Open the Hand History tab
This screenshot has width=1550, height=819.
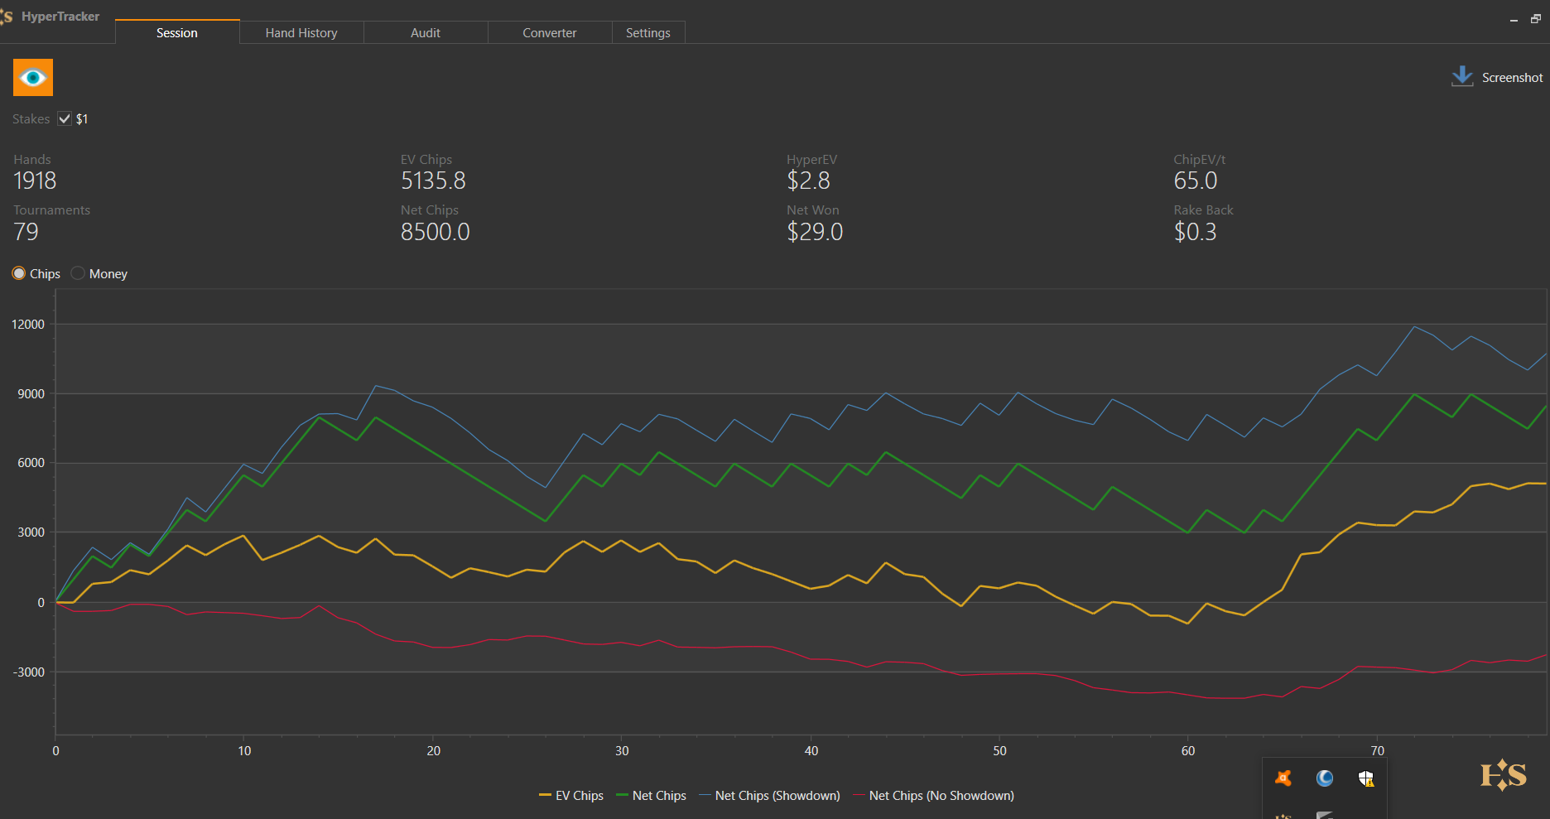coord(301,33)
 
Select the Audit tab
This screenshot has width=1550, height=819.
coord(426,33)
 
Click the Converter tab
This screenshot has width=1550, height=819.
coord(549,33)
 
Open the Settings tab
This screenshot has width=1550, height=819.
coord(647,33)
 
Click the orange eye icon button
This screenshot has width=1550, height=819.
coord(33,78)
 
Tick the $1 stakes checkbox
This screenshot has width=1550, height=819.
coord(65,118)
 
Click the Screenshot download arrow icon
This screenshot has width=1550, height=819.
coord(1462,76)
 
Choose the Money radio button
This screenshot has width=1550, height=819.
coord(78,273)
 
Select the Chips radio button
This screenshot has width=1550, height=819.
coord(19,273)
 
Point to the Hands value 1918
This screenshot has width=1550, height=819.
coord(35,181)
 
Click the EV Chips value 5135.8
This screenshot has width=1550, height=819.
coord(433,181)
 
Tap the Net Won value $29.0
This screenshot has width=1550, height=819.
coord(815,232)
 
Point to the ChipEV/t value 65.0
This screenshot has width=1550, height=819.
coord(1195,181)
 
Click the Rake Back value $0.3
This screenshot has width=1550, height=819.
coord(1195,232)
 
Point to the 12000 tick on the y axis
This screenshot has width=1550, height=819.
coord(28,325)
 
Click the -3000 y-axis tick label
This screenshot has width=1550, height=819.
coord(28,672)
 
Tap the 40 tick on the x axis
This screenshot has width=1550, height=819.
coord(811,751)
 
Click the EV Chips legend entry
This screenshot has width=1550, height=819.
coord(571,796)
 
